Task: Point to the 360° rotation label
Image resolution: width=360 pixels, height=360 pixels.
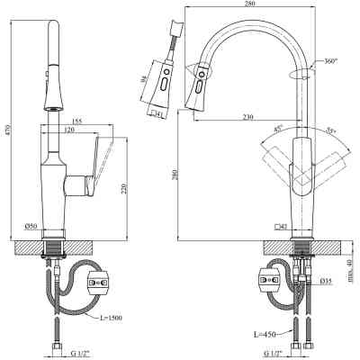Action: pyautogui.click(x=329, y=61)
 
